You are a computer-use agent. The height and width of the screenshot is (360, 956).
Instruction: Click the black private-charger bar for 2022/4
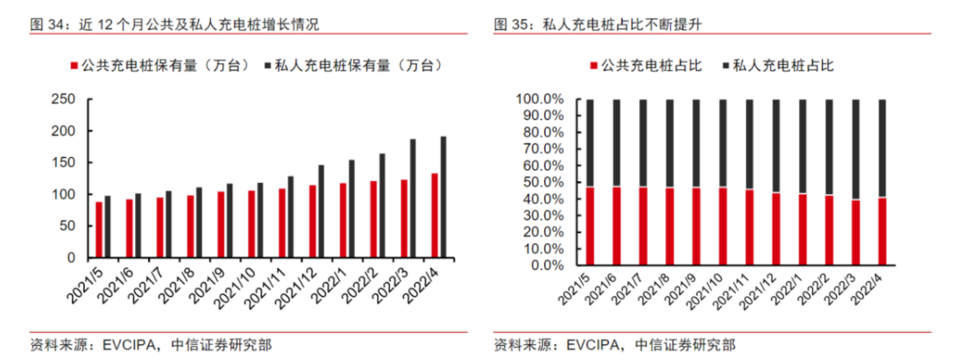pos(443,197)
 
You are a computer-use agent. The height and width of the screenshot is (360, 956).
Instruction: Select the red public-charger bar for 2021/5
pos(99,229)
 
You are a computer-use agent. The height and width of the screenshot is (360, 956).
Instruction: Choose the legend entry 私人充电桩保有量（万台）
pos(354,66)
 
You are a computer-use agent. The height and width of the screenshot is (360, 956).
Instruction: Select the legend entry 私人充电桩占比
pos(775,66)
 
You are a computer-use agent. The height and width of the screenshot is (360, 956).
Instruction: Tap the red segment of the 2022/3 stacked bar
pos(856,232)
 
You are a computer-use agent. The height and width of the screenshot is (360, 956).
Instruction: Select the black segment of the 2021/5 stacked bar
pos(590,142)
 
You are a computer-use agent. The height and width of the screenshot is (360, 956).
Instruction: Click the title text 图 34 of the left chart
pos(48,25)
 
